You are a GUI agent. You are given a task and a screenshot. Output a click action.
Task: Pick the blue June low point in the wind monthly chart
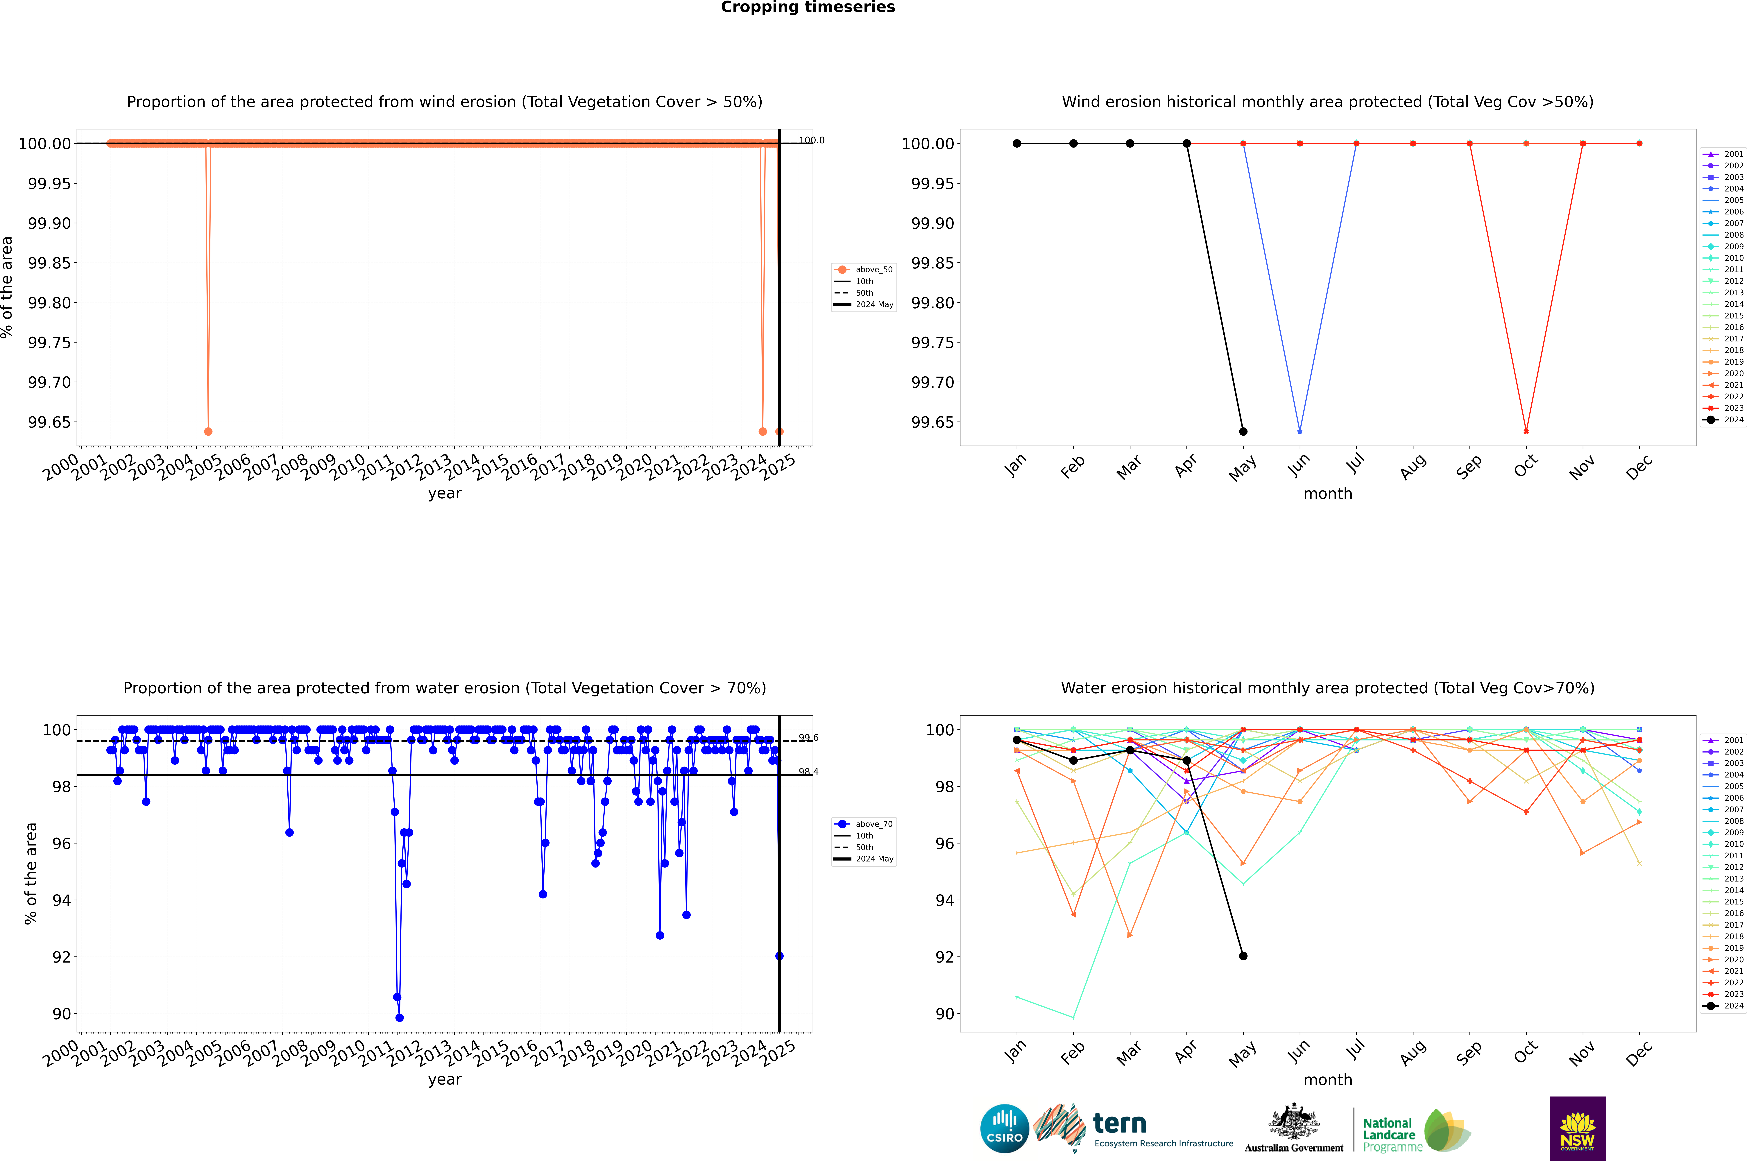[1300, 431]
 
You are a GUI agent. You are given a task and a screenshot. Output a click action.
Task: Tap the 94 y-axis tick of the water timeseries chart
[61, 900]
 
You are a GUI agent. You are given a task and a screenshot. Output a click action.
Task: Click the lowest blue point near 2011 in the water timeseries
[399, 1017]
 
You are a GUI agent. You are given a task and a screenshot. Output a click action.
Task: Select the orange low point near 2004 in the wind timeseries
[208, 432]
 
